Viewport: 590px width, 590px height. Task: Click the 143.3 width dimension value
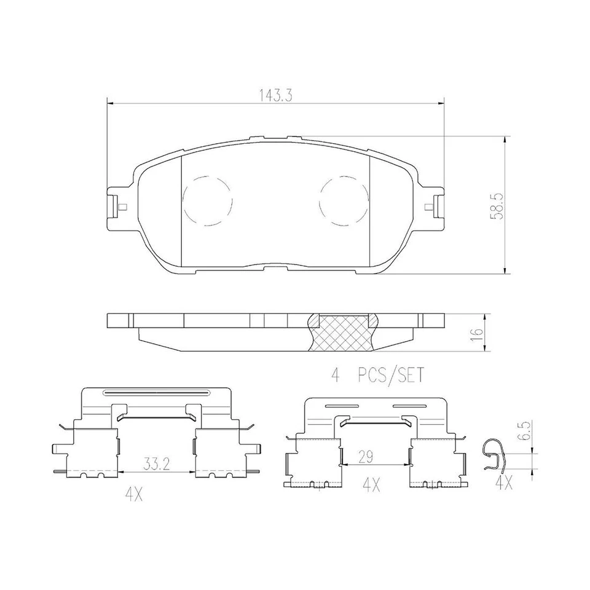[276, 96]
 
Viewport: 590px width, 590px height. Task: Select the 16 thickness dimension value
[477, 332]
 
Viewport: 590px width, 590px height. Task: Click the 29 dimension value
[365, 457]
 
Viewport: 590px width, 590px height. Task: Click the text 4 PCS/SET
[377, 376]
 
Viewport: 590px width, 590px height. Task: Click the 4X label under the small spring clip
[504, 483]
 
